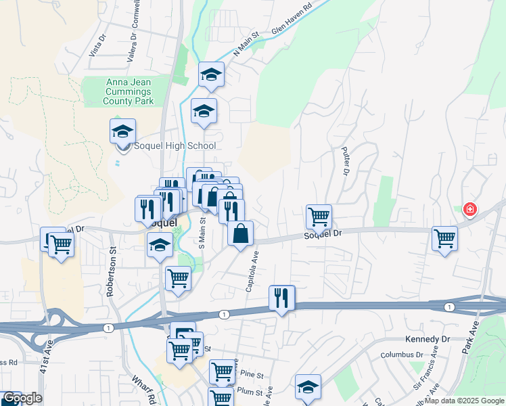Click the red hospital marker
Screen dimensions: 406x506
point(468,210)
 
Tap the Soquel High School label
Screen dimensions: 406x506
point(175,145)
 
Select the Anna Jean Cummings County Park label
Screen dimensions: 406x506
point(128,92)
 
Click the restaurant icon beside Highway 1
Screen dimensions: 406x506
point(282,298)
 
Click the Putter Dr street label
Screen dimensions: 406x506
point(345,161)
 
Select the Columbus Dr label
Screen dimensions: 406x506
point(401,354)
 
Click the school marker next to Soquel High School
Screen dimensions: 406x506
point(123,131)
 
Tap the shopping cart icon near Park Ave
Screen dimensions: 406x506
point(444,239)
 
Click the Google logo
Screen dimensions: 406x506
point(22,399)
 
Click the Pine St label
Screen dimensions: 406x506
point(250,374)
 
